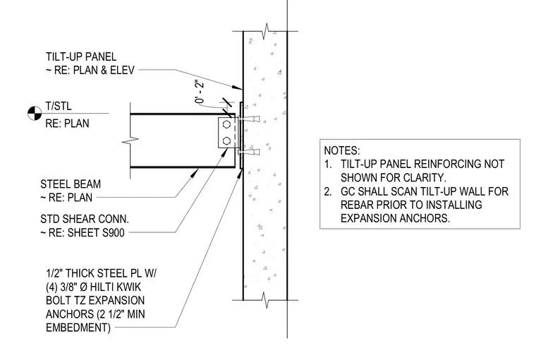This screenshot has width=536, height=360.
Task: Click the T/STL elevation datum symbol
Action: [35, 113]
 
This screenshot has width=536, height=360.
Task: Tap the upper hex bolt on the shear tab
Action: [226, 124]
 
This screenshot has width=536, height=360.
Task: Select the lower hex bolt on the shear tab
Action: [226, 140]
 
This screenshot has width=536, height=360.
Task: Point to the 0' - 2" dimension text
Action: [200, 92]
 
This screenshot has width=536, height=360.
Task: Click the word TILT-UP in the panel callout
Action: [64, 56]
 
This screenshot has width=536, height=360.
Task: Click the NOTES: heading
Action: [342, 150]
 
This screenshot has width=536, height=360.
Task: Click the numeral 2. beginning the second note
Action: [328, 191]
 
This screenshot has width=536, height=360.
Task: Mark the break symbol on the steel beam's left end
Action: [130, 140]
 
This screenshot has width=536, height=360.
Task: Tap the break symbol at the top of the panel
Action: [266, 31]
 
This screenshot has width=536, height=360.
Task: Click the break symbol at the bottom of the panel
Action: [266, 300]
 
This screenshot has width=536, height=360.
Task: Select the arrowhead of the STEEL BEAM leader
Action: [195, 172]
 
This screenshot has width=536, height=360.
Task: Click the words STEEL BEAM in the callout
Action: [71, 184]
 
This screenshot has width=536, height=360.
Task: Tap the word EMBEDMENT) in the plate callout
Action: [78, 328]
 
